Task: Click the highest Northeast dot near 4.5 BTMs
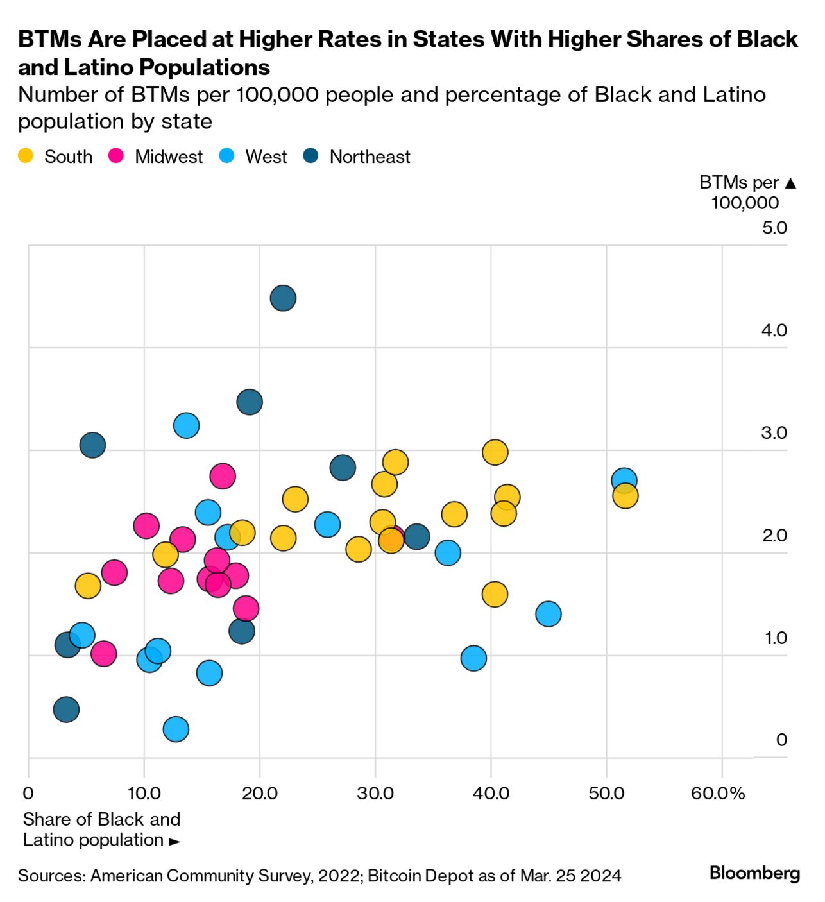[283, 298]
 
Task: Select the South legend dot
[26, 156]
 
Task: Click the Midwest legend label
[168, 157]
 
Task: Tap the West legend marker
[226, 156]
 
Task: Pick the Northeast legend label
[370, 157]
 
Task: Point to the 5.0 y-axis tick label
[774, 228]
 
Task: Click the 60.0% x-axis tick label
[717, 794]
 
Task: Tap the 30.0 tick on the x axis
[375, 794]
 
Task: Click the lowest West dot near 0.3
[176, 729]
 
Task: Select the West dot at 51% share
[624, 480]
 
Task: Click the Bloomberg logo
[754, 873]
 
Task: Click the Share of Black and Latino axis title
[101, 830]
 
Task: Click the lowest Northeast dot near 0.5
[66, 710]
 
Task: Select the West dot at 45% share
[548, 614]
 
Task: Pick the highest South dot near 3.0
[495, 452]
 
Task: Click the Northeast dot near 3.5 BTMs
[250, 402]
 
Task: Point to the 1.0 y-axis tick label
[775, 638]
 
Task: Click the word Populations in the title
[205, 67]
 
